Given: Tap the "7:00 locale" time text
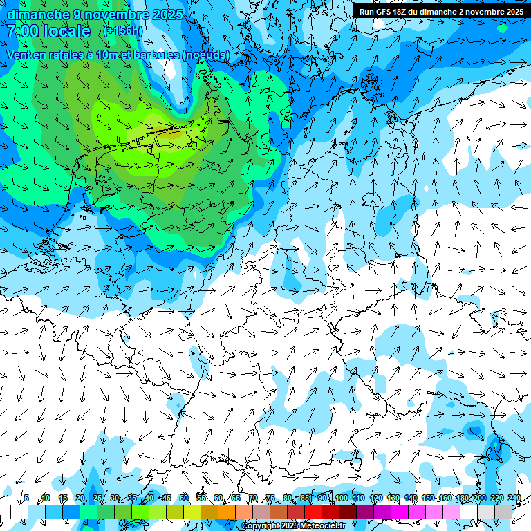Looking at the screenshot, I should pos(48,31).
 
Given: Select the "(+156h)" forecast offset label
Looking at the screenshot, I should pos(123,30).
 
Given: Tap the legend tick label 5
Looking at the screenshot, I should pos(26,498).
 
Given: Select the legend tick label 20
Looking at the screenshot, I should pos(80,498).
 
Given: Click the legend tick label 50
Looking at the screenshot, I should pos(183,498).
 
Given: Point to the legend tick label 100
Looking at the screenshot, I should pos(341,498).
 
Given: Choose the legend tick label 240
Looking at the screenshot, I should pos(514,498).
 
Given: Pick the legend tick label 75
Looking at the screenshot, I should pos(270,498).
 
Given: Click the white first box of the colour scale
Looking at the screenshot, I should pos(19,512).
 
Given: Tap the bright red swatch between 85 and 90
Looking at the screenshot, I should pos(313,512).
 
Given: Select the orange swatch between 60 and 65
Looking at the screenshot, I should pos(227,512).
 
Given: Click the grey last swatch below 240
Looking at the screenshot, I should pos(503,512).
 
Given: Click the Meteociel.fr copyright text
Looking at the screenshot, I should pos(293,526).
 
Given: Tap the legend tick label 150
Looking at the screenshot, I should pos(428,498).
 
